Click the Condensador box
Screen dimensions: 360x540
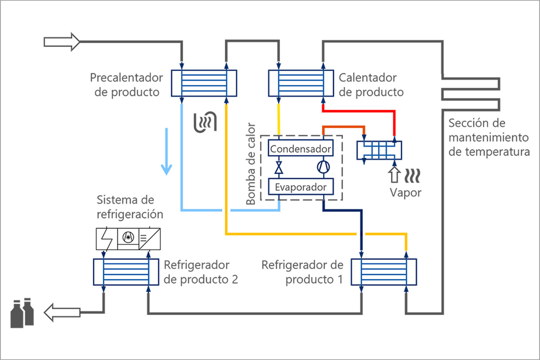tap(300, 149)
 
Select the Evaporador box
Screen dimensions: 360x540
tap(300, 187)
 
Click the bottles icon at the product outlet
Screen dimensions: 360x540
tap(22, 312)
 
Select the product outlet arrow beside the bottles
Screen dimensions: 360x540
tap(62, 312)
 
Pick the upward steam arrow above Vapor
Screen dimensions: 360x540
tap(395, 174)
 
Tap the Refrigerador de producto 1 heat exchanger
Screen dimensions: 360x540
tap(384, 272)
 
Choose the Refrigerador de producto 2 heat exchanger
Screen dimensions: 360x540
tap(126, 272)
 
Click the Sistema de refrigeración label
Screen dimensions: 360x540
tap(130, 207)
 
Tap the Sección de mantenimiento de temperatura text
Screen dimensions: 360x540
tap(489, 137)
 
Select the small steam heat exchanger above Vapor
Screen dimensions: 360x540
tap(379, 150)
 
